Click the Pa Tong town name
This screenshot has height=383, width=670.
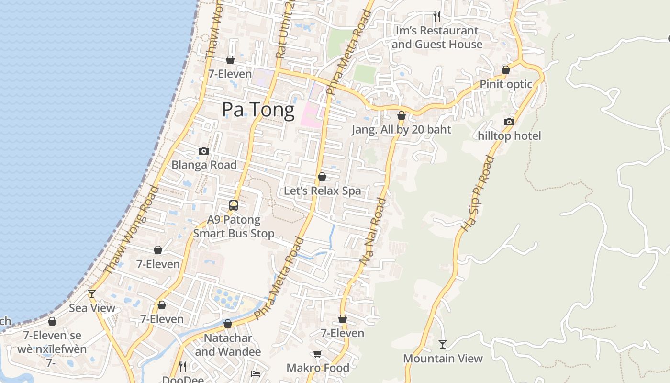tap(258, 110)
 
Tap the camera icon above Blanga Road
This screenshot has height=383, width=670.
tap(204, 151)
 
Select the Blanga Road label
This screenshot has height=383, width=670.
tap(204, 165)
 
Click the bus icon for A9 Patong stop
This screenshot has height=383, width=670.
tap(234, 205)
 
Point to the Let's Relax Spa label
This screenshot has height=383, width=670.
tap(323, 191)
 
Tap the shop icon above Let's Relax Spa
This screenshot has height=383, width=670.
tap(322, 177)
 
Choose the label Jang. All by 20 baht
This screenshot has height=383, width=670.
tap(401, 129)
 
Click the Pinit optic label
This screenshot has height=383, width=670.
tap(506, 84)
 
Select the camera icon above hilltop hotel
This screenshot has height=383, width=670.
tap(509, 122)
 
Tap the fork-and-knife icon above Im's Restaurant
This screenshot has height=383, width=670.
tap(436, 16)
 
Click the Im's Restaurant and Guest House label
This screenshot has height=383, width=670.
tap(436, 37)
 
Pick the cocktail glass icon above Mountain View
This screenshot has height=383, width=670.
tap(443, 344)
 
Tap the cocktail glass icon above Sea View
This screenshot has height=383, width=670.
tap(92, 294)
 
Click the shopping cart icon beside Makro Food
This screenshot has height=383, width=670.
tap(317, 354)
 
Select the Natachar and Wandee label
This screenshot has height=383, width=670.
tap(228, 345)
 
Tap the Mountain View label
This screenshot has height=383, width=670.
tap(443, 358)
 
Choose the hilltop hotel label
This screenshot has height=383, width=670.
tap(509, 136)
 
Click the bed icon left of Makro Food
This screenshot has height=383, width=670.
tap(256, 373)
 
